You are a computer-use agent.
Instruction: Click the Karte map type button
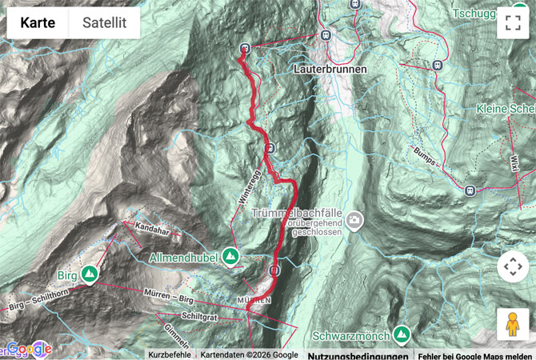coord(38,23)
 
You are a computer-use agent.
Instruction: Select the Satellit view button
coord(104,23)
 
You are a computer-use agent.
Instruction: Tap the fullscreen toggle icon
coord(512,23)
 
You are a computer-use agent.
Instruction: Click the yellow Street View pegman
coord(512,324)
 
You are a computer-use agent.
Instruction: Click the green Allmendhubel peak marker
coord(231,256)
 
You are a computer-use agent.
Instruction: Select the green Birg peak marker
coord(91,276)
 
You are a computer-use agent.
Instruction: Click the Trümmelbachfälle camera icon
coord(354,220)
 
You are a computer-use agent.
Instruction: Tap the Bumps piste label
coord(425,155)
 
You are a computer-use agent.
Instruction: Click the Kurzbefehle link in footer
coord(169,354)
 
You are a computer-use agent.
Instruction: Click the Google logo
coord(29,349)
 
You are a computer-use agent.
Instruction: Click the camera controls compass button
coord(512,266)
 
